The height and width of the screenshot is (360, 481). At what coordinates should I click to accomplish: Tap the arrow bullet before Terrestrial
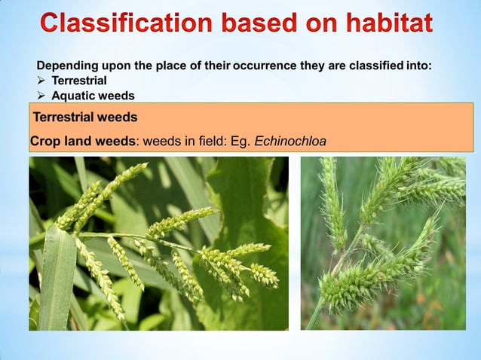click(42, 81)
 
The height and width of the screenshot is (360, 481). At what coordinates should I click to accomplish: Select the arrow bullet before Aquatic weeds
click(42, 96)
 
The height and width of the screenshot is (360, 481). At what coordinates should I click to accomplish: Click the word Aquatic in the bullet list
click(72, 96)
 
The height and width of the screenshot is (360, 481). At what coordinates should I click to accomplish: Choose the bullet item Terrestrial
click(79, 81)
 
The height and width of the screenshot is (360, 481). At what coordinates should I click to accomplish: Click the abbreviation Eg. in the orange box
click(240, 140)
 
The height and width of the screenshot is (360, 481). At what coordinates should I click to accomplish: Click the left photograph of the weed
click(158, 243)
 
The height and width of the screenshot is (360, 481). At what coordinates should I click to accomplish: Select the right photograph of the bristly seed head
click(383, 243)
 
